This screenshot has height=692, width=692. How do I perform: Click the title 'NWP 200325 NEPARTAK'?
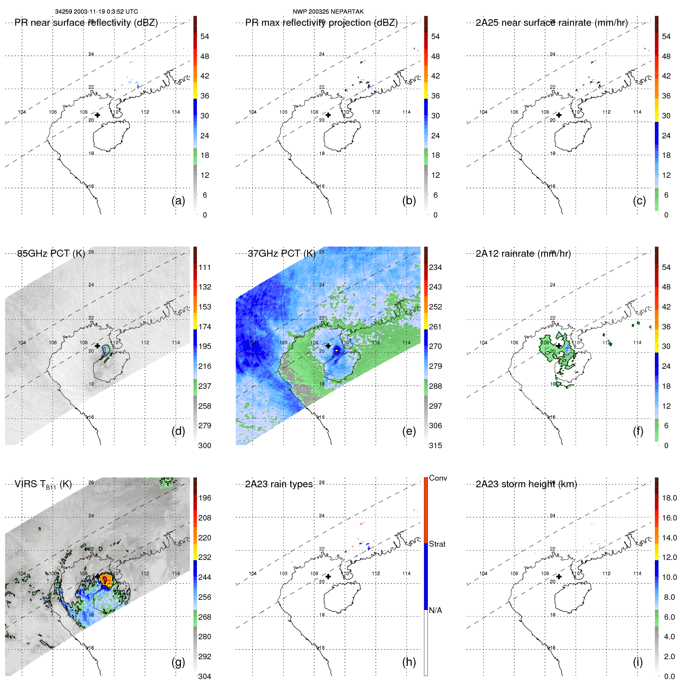pos(328,12)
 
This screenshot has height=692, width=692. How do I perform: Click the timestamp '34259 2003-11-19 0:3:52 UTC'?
pos(97,12)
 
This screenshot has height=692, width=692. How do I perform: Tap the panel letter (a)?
pos(178,201)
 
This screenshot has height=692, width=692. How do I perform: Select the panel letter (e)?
pos(409,431)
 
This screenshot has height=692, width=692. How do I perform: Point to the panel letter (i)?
pos(638,662)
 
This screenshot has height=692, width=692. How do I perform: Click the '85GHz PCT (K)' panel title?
pos(51,254)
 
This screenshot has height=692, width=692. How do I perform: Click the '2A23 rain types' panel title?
pos(279,484)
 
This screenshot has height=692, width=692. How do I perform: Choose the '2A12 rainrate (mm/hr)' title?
pos(523,254)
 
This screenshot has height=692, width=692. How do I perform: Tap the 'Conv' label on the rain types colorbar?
pos(438,478)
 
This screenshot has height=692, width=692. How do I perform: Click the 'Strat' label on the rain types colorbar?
pos(437,544)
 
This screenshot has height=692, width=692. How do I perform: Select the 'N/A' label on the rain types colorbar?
pos(435,610)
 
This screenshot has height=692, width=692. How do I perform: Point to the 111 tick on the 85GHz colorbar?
pos(205,267)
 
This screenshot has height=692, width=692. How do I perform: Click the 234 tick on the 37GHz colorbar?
pos(435,267)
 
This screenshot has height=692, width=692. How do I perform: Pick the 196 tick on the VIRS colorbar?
pos(205,498)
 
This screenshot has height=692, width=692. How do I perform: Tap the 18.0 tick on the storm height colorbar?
pos(669,498)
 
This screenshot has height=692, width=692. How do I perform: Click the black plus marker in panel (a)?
pos(97,115)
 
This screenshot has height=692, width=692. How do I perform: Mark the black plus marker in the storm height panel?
pos(559,576)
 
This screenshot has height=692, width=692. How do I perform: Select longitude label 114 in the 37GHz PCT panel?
pos(406,343)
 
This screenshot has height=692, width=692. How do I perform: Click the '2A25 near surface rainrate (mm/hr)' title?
pos(551,23)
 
